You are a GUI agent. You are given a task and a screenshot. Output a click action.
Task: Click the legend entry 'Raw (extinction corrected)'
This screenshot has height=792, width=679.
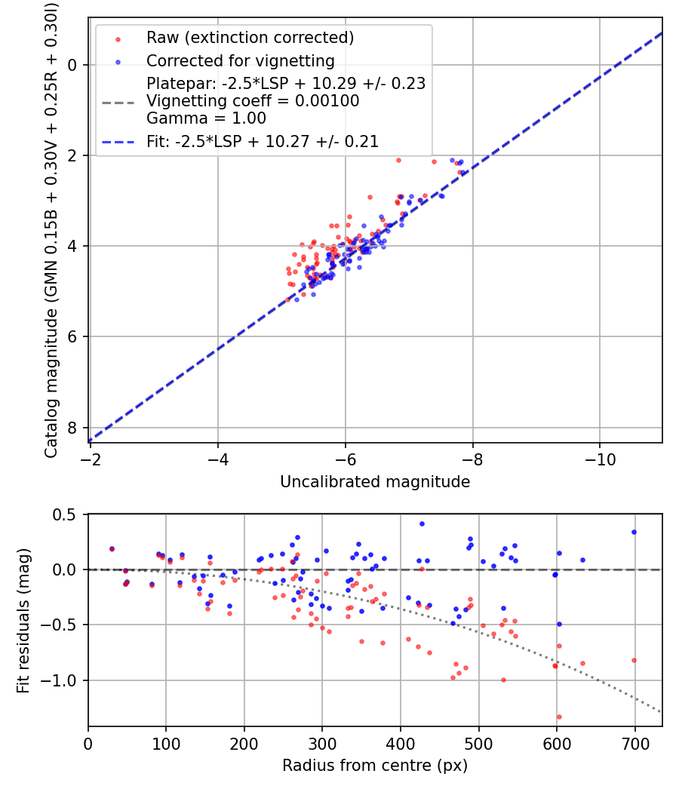coord(250,38)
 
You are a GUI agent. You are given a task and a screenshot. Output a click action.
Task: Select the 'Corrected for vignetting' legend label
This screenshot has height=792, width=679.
coord(241,60)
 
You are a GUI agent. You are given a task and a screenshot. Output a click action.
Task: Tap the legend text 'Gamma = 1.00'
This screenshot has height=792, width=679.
coord(206,118)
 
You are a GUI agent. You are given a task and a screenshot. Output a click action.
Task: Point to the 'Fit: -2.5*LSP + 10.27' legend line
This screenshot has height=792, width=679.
coord(118,142)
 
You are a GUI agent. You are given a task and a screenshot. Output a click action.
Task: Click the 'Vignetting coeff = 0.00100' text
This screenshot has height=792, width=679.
coord(253,100)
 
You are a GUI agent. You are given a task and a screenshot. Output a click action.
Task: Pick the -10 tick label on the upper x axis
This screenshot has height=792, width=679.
coord(600,459)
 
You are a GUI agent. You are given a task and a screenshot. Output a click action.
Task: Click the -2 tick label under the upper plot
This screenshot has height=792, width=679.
coord(90,459)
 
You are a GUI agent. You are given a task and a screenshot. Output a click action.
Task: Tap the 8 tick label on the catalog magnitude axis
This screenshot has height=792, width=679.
coord(72,428)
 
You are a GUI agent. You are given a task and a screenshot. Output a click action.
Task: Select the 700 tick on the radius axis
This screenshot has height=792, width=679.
coord(635,744)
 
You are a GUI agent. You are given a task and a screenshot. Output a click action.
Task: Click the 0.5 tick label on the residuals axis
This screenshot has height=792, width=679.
coord(64,514)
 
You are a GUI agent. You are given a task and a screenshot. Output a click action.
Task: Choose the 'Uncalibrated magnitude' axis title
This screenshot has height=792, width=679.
coord(375,482)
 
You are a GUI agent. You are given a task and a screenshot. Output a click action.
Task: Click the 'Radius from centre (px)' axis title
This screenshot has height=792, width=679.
coord(375,766)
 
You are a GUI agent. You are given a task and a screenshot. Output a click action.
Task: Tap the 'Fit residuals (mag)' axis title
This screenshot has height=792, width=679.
coord(23,620)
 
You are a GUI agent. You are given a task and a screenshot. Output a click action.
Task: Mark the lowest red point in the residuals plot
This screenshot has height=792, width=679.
coord(559,717)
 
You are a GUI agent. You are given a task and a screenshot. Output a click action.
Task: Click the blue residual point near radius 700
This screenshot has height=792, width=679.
coord(634,532)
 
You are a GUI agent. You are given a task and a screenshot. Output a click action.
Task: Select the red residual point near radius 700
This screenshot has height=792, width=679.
coord(634,660)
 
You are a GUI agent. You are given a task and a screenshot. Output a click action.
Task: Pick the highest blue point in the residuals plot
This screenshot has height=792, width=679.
coord(422,523)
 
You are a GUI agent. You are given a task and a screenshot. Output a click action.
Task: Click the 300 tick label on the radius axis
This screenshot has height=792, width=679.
coord(322,744)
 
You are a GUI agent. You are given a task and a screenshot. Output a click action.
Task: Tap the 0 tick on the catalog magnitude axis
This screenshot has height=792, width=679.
coord(72,65)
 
